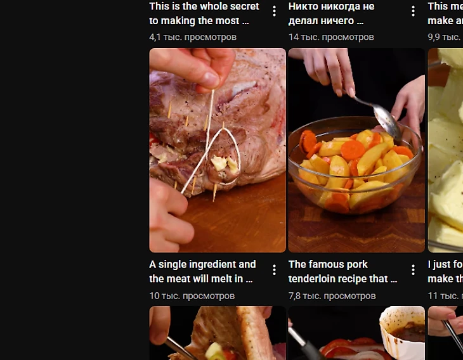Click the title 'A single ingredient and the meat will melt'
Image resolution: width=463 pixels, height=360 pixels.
[202, 271]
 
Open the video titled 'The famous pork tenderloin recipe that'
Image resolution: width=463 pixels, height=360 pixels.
[342, 271]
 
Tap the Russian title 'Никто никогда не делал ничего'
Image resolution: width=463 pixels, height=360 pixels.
[331, 13]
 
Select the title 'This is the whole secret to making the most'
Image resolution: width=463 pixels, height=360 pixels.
[204, 13]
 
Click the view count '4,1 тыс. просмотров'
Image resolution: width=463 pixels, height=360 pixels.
[193, 37]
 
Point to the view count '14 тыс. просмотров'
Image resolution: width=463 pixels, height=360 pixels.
[331, 37]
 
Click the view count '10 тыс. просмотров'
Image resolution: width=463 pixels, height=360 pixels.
[192, 296]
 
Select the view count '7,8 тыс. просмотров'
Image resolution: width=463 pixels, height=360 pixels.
[332, 296]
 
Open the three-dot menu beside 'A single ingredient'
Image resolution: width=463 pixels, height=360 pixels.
[275, 270]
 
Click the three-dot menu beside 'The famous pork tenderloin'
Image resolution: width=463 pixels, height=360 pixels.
[413, 270]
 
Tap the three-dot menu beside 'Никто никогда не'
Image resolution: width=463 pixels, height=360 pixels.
[413, 11]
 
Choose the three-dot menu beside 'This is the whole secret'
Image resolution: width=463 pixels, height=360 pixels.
[275, 11]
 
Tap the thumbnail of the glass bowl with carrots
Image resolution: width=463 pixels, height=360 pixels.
[356, 150]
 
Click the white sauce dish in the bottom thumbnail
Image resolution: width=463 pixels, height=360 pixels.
[402, 325]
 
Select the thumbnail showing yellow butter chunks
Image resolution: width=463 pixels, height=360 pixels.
[445, 150]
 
